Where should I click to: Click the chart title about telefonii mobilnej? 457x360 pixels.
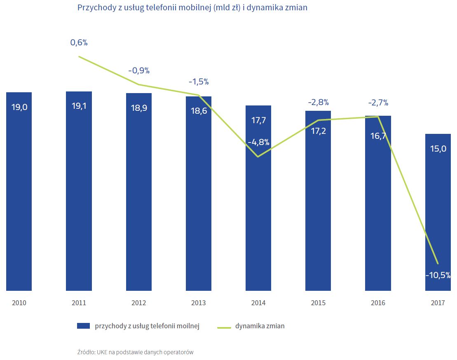click(192, 8)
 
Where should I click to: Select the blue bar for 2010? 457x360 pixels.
click(19, 198)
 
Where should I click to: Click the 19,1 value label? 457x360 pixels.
click(79, 106)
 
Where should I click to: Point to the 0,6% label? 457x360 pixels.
click(79, 42)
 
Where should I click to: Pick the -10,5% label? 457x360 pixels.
click(438, 276)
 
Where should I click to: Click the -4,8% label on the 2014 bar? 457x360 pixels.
click(258, 143)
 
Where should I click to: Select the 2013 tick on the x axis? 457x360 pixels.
click(199, 303)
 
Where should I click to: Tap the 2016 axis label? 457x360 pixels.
click(378, 303)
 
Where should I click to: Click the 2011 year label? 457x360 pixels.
click(79, 303)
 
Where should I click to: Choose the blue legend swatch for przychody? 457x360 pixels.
click(83, 326)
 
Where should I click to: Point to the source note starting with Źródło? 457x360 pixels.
click(135, 352)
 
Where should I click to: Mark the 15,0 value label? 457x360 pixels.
click(438, 149)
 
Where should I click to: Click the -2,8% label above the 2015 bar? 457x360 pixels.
click(318, 102)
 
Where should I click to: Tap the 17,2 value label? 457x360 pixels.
click(318, 132)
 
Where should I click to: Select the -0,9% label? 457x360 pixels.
click(139, 70)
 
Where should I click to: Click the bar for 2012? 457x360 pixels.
click(139, 198)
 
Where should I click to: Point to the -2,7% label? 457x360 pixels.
click(378, 103)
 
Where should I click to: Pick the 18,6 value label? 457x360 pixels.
click(199, 110)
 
